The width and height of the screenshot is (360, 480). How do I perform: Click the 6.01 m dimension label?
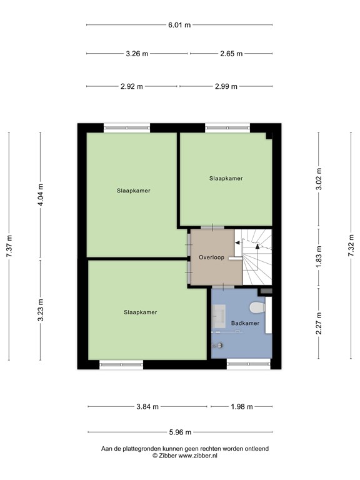click(x=179, y=25)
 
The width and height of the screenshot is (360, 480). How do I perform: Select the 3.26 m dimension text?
click(x=137, y=54)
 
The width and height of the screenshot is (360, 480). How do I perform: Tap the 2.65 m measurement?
click(x=231, y=54)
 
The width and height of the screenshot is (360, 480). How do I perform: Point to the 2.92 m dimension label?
click(x=132, y=86)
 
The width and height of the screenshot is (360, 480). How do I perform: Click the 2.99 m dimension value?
click(x=226, y=86)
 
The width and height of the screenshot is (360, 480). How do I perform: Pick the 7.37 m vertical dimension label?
click(x=9, y=246)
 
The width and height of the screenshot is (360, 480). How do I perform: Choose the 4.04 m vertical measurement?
click(x=41, y=195)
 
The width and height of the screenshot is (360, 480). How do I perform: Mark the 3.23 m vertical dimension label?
click(x=41, y=310)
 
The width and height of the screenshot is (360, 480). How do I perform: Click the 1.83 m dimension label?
click(x=319, y=257)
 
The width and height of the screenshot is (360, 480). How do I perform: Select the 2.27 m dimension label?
click(x=319, y=323)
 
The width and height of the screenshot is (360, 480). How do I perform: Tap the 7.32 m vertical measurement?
click(x=351, y=246)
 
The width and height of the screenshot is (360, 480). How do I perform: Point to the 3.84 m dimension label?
click(x=147, y=407)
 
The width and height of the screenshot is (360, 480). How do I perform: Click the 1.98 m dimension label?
click(x=241, y=407)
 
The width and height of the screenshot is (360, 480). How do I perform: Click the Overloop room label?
click(x=211, y=257)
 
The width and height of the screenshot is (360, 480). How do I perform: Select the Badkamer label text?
click(x=245, y=323)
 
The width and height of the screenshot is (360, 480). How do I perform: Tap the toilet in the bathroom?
click(x=257, y=307)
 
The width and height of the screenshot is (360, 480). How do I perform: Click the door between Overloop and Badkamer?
click(x=223, y=287)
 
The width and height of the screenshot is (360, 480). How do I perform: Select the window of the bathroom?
click(x=249, y=364)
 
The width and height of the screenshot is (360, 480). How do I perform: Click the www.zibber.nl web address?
click(x=197, y=456)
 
